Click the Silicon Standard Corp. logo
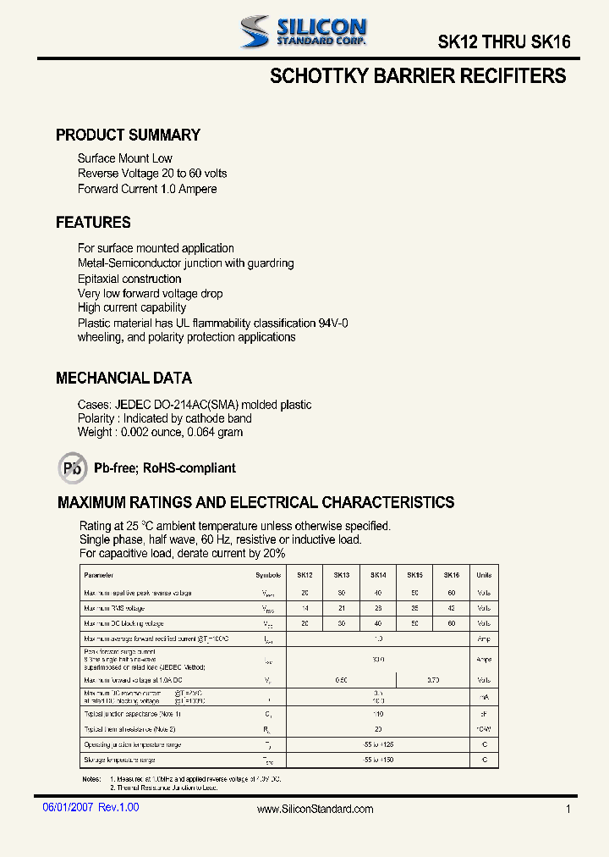(302, 31)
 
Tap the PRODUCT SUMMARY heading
(128, 135)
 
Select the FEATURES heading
(93, 223)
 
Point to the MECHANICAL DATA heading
(123, 379)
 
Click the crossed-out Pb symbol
(73, 467)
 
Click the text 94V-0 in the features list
(333, 323)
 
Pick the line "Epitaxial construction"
(129, 279)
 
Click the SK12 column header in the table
(305, 574)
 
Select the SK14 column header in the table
(378, 574)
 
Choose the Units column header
(484, 574)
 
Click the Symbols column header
(267, 574)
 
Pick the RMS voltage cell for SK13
(342, 608)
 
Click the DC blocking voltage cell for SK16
(451, 623)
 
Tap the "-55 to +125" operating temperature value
(378, 744)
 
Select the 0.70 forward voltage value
(433, 680)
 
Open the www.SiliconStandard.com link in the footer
(315, 810)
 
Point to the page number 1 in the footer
(568, 810)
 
